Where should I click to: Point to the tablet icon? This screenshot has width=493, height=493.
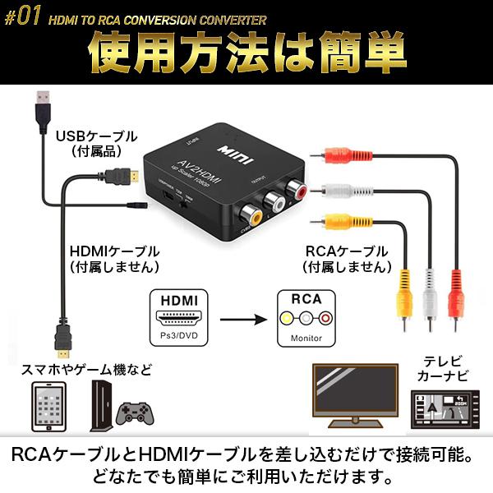pyautogui.click(x=48, y=407)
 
